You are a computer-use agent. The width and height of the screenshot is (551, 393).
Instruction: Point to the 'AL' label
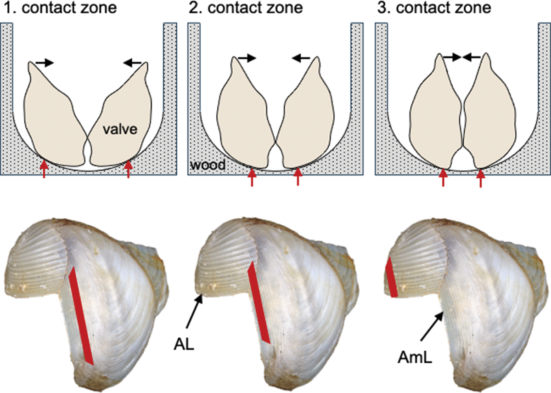[184, 344]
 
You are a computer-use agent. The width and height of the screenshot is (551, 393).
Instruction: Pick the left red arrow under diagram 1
[43, 169]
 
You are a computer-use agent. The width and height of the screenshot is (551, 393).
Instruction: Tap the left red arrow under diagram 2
[251, 177]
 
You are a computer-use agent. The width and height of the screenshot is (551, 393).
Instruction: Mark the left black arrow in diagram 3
[451, 57]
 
